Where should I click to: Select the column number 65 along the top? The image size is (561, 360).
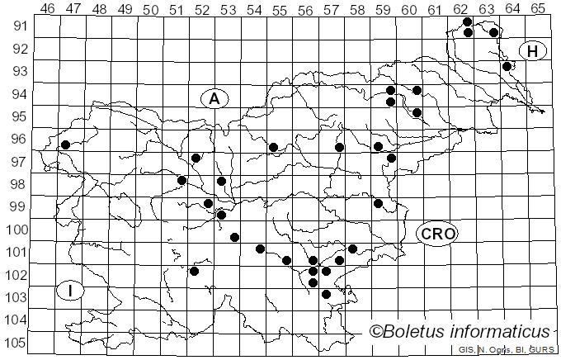coord(537,8)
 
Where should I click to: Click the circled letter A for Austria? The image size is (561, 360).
coord(214,98)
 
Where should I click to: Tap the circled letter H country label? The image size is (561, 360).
coord(532,51)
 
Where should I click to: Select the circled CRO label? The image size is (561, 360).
coord(437,234)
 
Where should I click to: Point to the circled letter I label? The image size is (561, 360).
coord(72,291)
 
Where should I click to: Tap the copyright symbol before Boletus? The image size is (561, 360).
coord(377,332)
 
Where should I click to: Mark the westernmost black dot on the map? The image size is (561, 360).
coord(65,144)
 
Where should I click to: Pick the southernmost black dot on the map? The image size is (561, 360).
coord(326,294)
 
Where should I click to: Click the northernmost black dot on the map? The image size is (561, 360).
coord(468,21)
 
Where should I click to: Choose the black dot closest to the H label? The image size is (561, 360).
coord(507,66)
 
